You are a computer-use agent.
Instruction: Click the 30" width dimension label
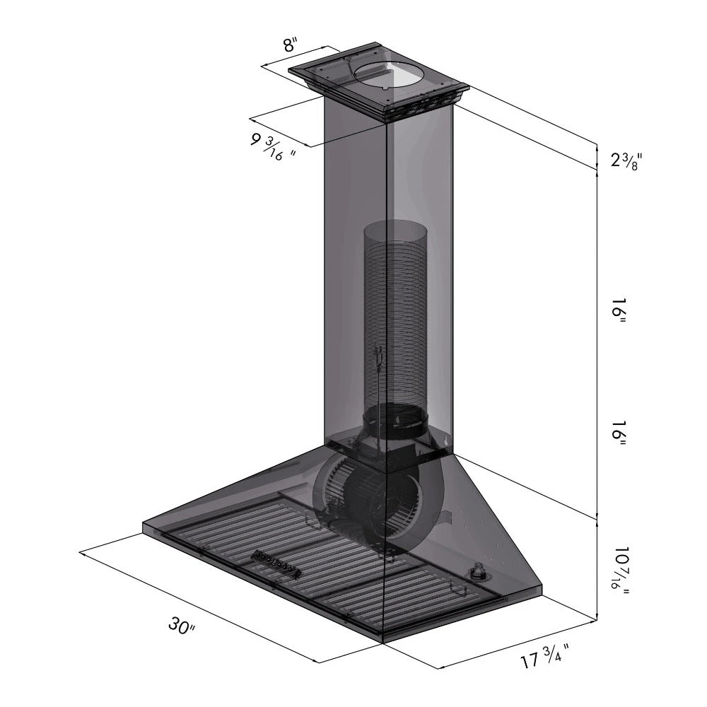pyautogui.click(x=181, y=625)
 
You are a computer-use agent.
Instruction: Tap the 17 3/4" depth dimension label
pyautogui.click(x=545, y=661)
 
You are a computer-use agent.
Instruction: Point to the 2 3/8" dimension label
pyautogui.click(x=626, y=160)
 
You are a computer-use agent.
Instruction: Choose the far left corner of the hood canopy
pyautogui.click(x=144, y=525)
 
